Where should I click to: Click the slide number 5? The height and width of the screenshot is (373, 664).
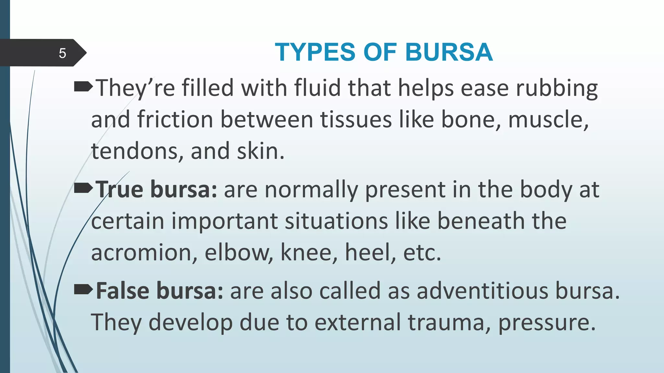tap(63, 53)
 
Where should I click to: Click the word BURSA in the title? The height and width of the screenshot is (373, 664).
tap(449, 52)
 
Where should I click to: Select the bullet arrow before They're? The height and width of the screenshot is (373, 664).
tap(83, 87)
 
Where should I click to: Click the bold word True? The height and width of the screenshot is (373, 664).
tap(119, 189)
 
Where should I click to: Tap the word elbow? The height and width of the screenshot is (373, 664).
tap(239, 253)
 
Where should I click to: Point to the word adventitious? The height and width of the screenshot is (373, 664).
tap(482, 291)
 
